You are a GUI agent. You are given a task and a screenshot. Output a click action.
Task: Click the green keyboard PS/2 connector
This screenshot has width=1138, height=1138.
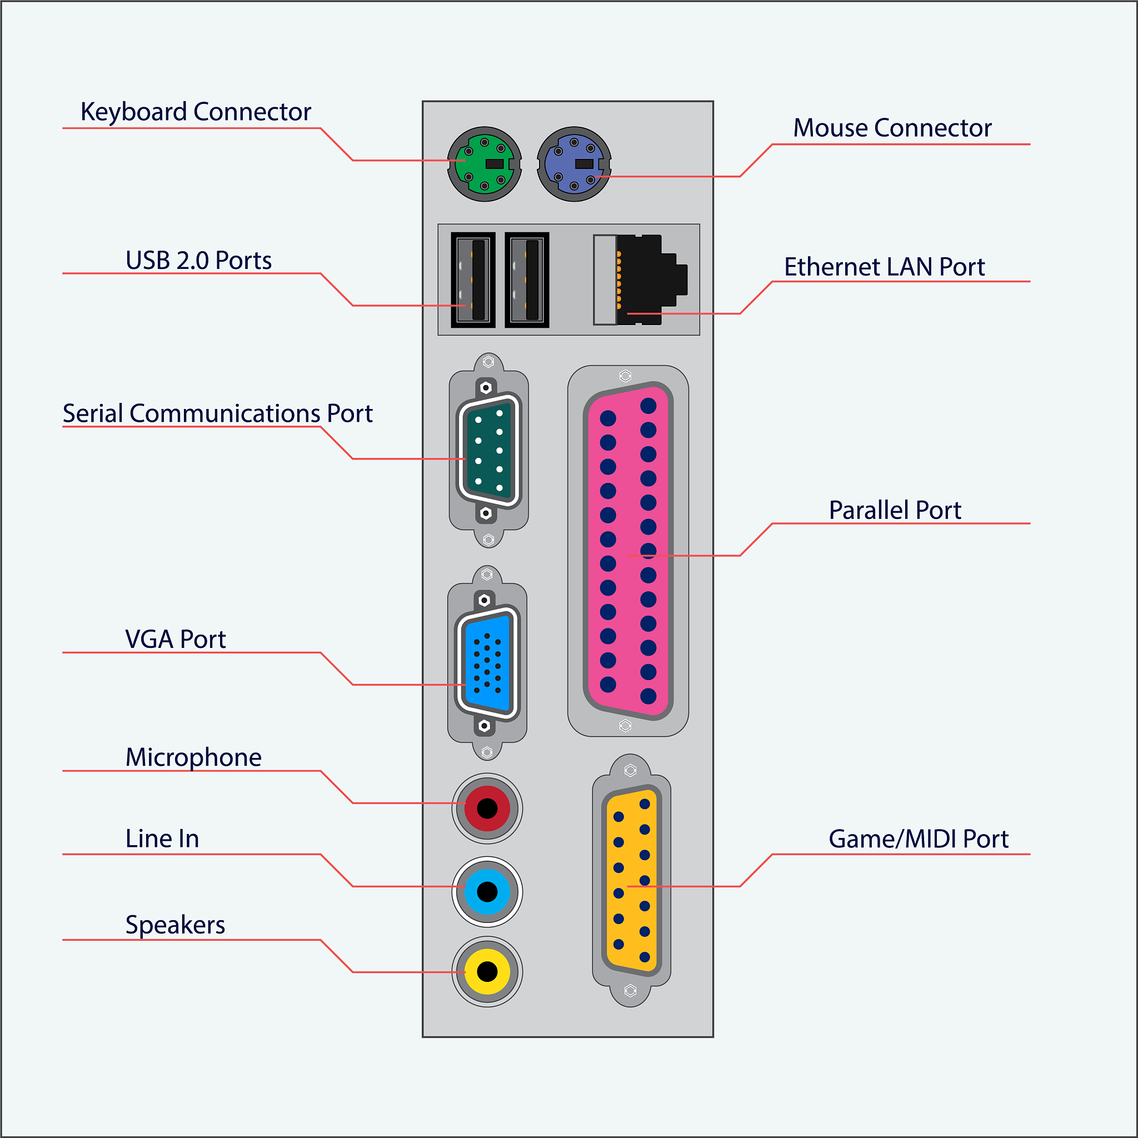pyautogui.click(x=484, y=164)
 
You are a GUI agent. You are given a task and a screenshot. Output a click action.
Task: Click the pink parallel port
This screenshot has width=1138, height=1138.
pyautogui.click(x=628, y=551)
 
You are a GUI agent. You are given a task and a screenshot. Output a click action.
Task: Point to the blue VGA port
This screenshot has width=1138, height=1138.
pyautogui.click(x=487, y=663)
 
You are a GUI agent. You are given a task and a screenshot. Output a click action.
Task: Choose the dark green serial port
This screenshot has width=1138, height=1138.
pyautogui.click(x=488, y=451)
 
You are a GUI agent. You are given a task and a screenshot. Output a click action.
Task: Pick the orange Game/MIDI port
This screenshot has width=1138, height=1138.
pyautogui.click(x=631, y=881)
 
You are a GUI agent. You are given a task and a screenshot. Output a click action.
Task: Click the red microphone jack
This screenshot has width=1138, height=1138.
pyautogui.click(x=487, y=808)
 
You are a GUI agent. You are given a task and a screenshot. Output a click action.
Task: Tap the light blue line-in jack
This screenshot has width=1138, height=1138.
pyautogui.click(x=487, y=892)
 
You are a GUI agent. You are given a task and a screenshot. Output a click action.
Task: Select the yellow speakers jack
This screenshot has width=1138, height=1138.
pyautogui.click(x=487, y=971)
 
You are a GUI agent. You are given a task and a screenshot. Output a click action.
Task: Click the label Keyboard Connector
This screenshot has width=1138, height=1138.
pyautogui.click(x=196, y=112)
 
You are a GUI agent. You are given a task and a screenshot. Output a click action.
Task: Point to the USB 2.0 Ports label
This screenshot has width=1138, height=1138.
pyautogui.click(x=198, y=261)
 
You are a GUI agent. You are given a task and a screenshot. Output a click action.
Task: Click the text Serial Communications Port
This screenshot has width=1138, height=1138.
pyautogui.click(x=217, y=413)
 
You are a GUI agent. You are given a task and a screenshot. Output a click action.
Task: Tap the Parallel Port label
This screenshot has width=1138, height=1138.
pyautogui.click(x=895, y=510)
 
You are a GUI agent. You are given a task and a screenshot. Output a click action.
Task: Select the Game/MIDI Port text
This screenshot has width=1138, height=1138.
pyautogui.click(x=919, y=838)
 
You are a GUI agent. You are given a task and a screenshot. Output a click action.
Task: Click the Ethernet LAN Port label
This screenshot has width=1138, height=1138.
pyautogui.click(x=884, y=267)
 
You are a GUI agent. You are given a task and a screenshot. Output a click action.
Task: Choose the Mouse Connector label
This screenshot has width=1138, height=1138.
pyautogui.click(x=892, y=128)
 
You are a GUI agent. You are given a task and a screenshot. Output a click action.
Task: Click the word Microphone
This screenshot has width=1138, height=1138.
pyautogui.click(x=193, y=757)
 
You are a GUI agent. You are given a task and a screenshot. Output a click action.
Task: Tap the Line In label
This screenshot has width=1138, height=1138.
pyautogui.click(x=162, y=838)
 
